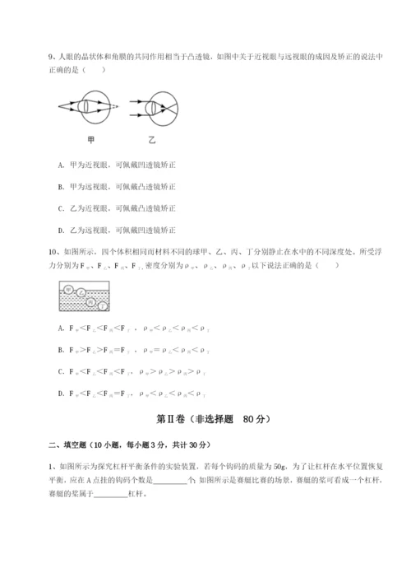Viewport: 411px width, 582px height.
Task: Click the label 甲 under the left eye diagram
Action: point(89,137)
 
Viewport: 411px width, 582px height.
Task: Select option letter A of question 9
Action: point(62,165)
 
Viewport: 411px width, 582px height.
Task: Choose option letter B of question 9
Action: point(62,186)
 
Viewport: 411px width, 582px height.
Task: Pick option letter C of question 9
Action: point(62,207)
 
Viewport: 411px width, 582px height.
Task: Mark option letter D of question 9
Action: point(62,229)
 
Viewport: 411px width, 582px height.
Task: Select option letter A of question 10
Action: point(62,328)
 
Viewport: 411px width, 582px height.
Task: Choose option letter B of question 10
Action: point(62,350)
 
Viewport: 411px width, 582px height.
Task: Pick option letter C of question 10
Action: point(62,371)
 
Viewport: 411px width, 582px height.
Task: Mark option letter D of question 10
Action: point(62,393)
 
